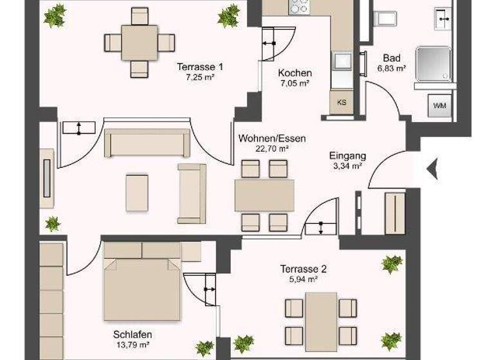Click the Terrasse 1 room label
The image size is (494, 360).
(200, 66)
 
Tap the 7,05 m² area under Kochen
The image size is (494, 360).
(295, 83)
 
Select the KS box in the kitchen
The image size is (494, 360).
(342, 102)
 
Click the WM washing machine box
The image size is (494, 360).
(441, 105)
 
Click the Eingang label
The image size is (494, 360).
(347, 156)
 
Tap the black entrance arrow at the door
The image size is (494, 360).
(432, 169)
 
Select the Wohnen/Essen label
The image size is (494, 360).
(271, 138)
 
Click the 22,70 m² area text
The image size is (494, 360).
(271, 148)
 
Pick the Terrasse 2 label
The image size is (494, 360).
(304, 269)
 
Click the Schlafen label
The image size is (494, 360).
(133, 335)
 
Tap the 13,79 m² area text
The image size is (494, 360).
(133, 346)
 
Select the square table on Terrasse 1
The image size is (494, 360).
(140, 42)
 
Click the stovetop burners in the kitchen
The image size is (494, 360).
(299, 6)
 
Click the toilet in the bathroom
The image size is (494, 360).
(387, 18)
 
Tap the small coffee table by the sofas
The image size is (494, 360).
(137, 192)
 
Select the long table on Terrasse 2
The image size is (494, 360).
(321, 321)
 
